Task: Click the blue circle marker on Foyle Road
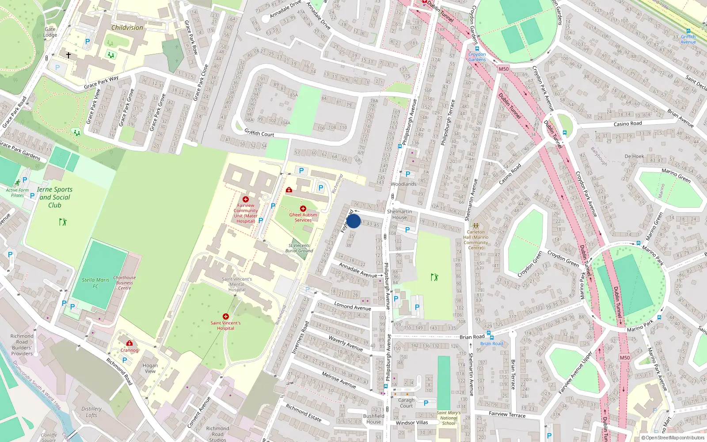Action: [x=353, y=221]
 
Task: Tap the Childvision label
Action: [x=127, y=27]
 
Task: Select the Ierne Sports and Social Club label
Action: [x=55, y=197]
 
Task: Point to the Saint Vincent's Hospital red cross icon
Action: [x=226, y=316]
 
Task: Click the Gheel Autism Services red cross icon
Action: [x=303, y=209]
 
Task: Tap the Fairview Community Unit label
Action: [x=246, y=213]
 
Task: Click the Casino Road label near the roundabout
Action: [x=627, y=124]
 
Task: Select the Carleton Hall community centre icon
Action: [x=475, y=225]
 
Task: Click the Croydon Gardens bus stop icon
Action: [x=477, y=49]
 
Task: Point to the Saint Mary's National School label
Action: [x=449, y=418]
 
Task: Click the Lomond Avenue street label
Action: [x=353, y=306]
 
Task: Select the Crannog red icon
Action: [x=129, y=343]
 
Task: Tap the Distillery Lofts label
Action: [x=91, y=412]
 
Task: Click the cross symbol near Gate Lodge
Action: [x=68, y=55]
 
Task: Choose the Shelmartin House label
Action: [x=399, y=214]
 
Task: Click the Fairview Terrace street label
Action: [x=507, y=414]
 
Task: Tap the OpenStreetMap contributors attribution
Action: [x=673, y=438]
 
